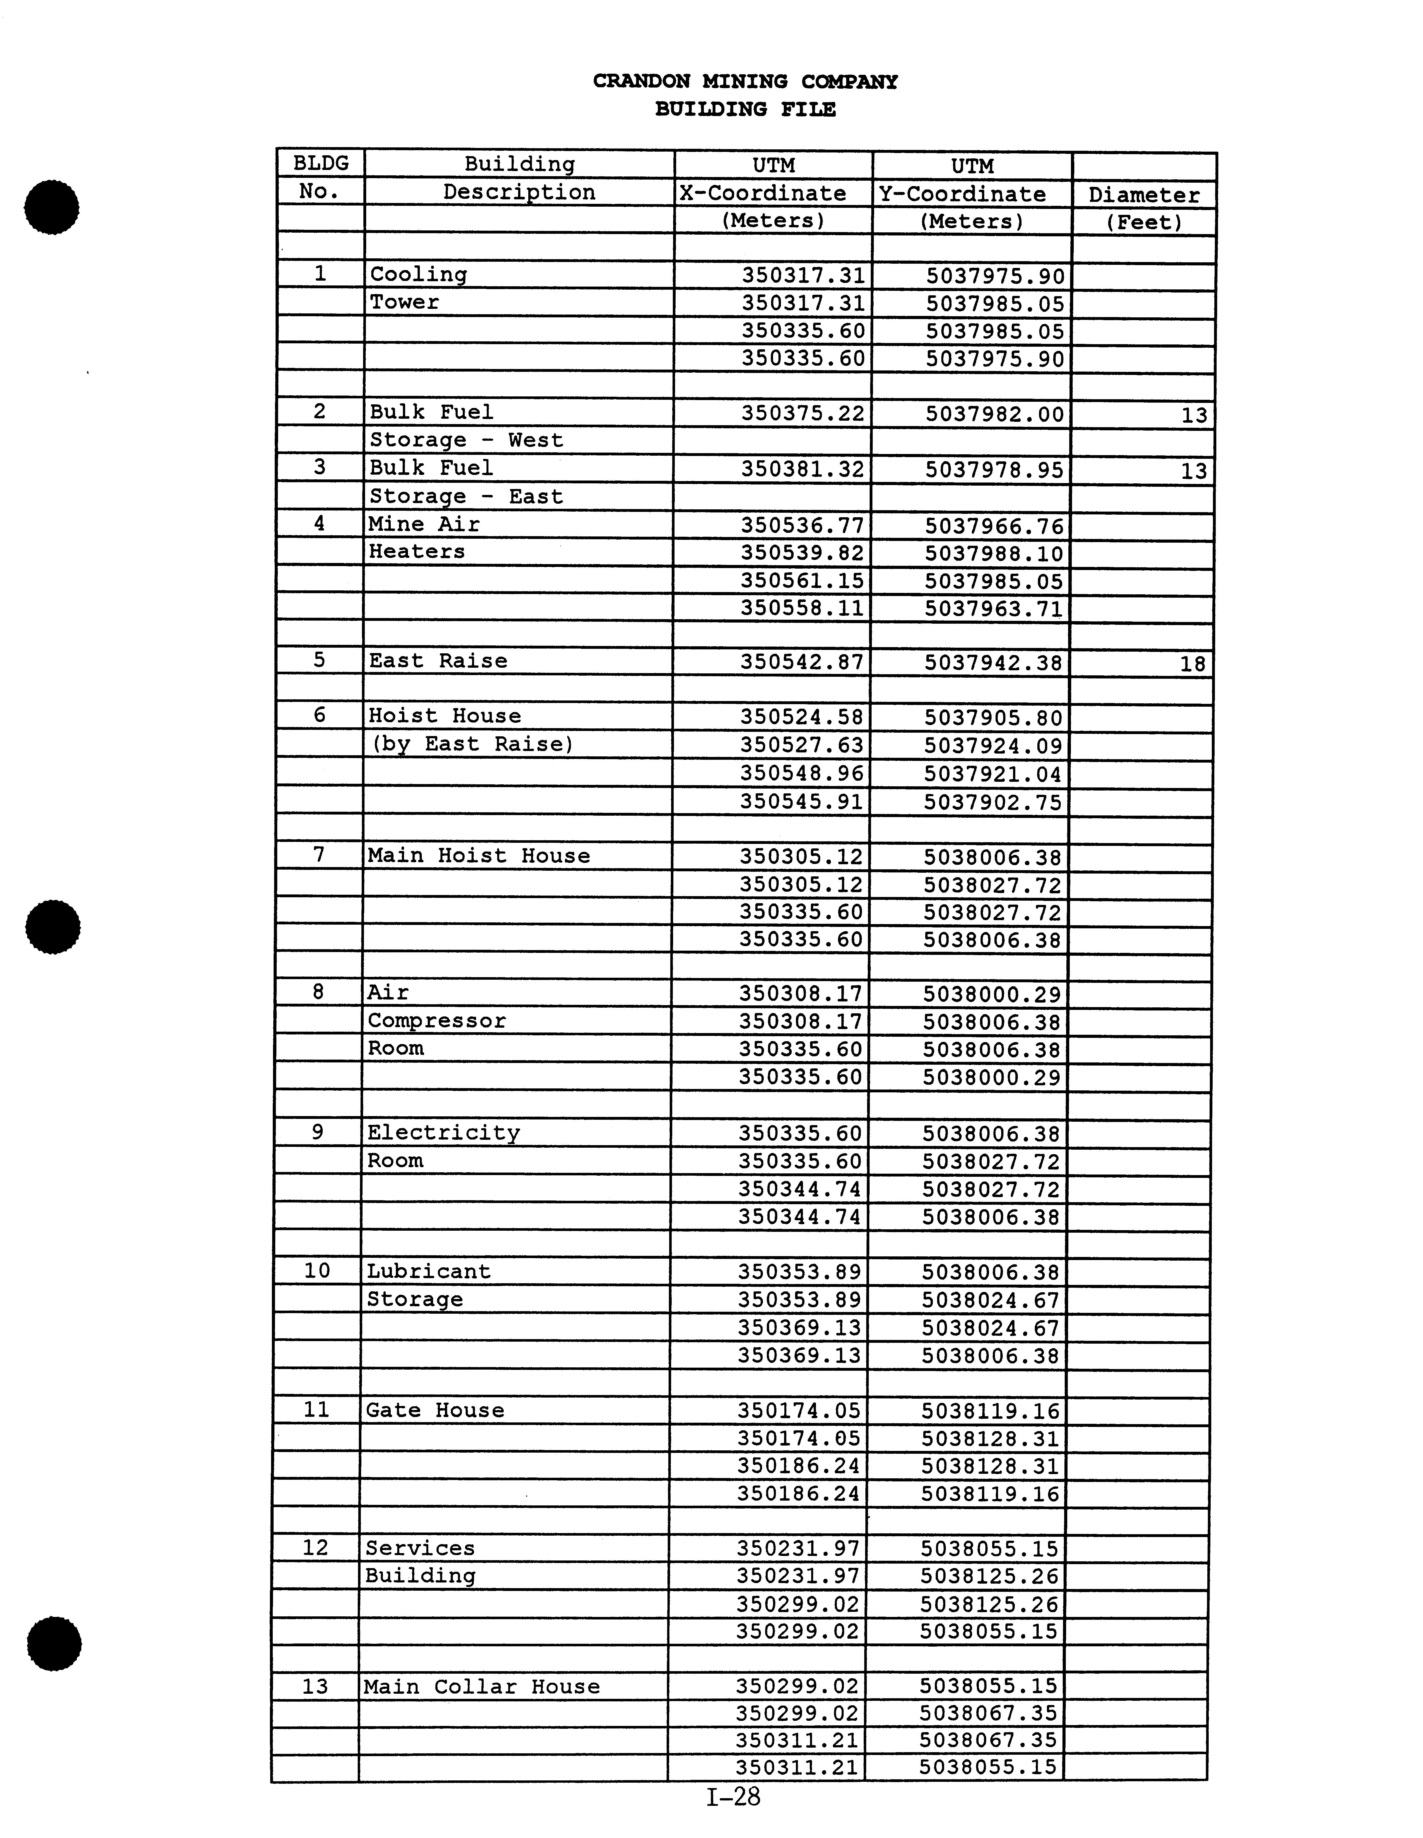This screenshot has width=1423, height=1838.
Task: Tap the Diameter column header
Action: click(1143, 195)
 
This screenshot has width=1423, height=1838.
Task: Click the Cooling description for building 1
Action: click(418, 274)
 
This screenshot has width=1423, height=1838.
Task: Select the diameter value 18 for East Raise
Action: click(1192, 664)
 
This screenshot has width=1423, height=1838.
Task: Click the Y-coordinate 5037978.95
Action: click(995, 470)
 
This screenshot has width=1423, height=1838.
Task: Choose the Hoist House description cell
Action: click(444, 716)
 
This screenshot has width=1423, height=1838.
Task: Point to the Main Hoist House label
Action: click(479, 856)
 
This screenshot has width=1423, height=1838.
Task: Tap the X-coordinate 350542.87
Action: click(802, 662)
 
